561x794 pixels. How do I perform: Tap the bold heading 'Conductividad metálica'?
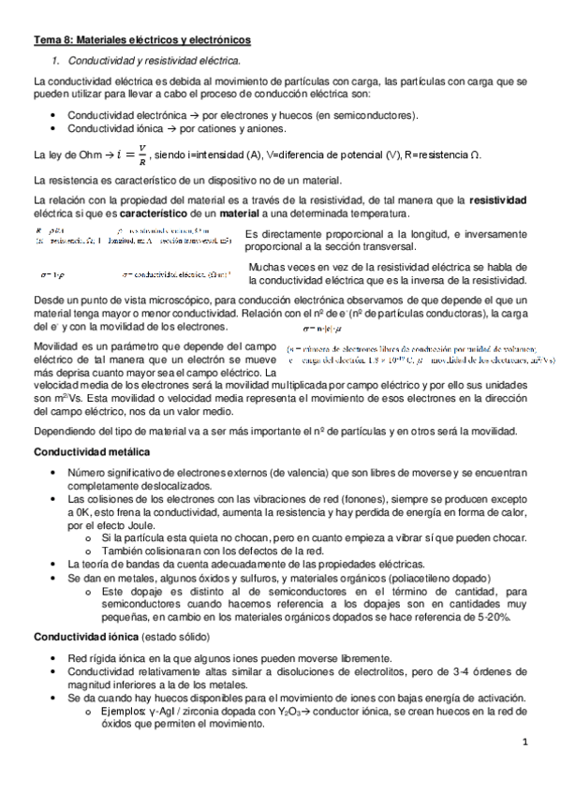click(x=89, y=452)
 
